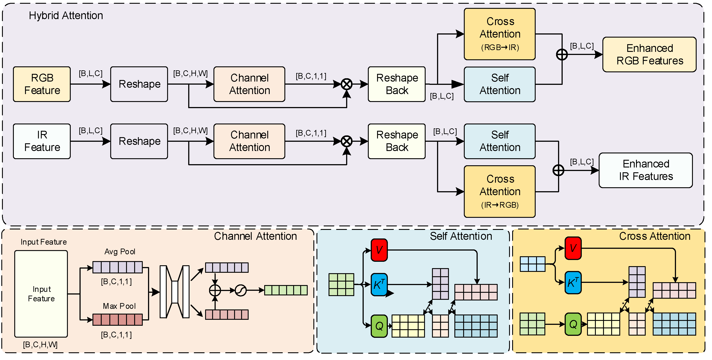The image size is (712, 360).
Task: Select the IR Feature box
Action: (42, 141)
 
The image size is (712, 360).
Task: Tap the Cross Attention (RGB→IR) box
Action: (500, 34)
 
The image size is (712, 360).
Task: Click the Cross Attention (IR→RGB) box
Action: (500, 192)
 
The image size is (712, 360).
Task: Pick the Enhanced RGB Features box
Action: (650, 55)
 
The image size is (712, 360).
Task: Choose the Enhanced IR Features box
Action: (646, 170)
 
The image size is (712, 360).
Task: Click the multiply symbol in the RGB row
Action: (347, 84)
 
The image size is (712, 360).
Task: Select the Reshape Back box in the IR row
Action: (397, 141)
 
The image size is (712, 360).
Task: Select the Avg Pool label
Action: (120, 252)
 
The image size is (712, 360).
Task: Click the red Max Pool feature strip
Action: (117, 320)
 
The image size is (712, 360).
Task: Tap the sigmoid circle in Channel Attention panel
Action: (240, 290)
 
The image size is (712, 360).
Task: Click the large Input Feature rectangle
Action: (41, 294)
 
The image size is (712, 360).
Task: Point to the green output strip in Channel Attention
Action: (286, 290)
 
